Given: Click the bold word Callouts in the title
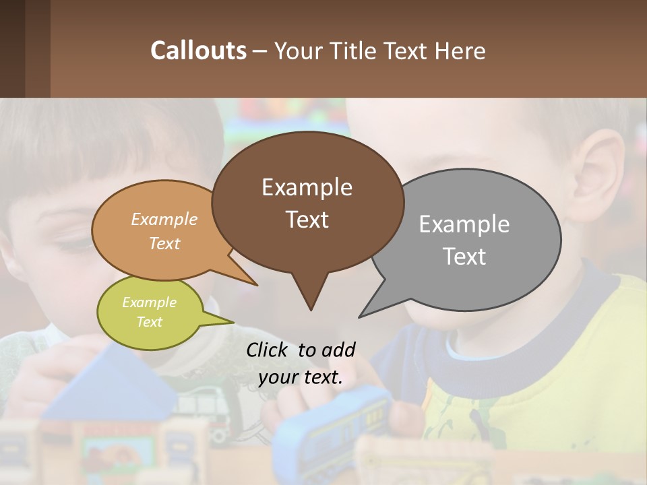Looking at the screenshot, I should [198, 51].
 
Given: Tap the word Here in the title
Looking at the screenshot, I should [460, 51].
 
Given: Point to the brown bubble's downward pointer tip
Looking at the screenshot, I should [311, 309].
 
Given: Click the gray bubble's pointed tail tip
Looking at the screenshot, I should [360, 317].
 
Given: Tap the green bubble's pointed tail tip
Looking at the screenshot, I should [233, 322].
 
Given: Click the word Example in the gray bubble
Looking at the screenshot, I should [464, 224].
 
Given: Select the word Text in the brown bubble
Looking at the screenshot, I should [307, 220].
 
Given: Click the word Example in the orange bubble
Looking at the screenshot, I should [164, 219].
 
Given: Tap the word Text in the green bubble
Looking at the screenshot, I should [150, 322].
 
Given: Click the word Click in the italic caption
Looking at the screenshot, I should [268, 350].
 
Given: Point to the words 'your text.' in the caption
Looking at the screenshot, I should [301, 378].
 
